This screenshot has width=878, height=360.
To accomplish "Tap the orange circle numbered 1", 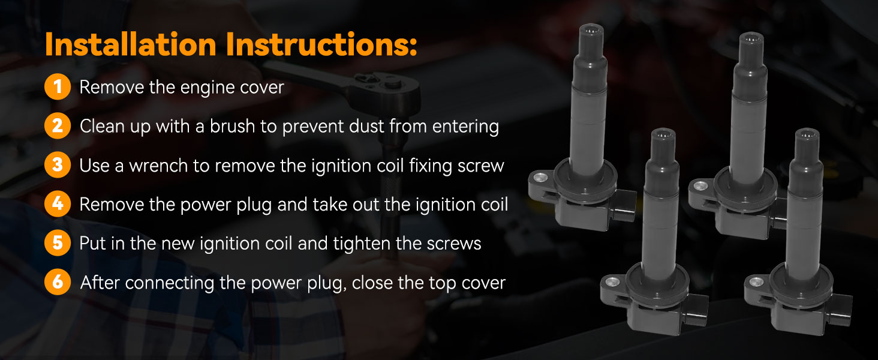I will (58, 87).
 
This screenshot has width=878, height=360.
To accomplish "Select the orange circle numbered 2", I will (58, 126).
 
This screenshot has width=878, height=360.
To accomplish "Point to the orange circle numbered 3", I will (58, 165).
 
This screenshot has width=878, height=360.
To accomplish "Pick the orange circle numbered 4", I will (58, 204).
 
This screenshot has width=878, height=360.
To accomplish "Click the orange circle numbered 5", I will (58, 243).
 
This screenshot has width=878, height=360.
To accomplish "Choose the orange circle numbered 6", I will (58, 282).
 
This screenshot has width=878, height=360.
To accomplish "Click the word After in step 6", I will (100, 282).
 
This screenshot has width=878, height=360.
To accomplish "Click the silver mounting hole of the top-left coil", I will (542, 176).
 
